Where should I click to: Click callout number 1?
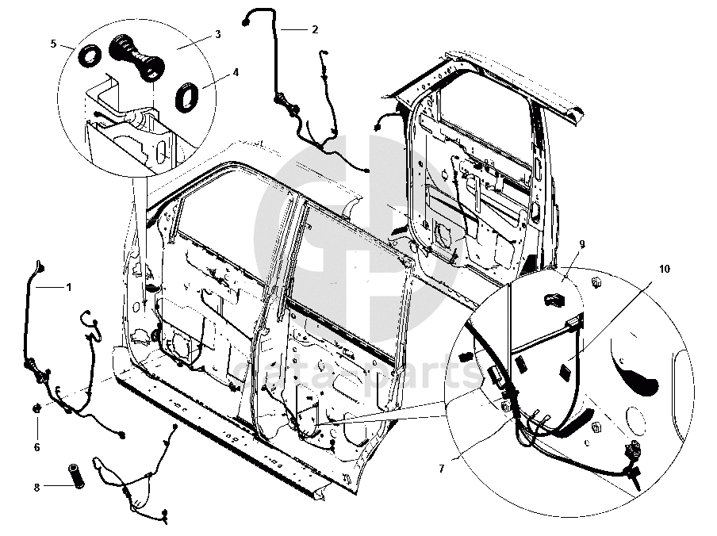coord(68,287)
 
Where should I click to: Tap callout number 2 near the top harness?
coord(315,29)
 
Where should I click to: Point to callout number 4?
coord(236,73)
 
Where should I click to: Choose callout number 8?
coord(36,486)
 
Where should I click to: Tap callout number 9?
coord(581,244)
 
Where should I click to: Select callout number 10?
coord(664,270)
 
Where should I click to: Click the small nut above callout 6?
coord(36,408)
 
